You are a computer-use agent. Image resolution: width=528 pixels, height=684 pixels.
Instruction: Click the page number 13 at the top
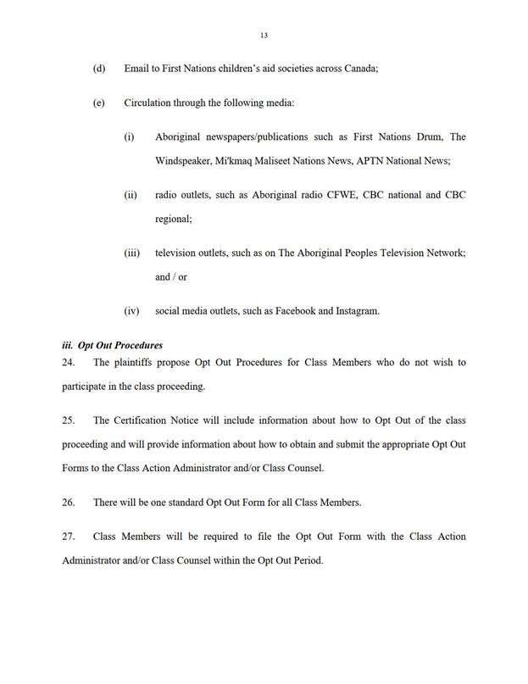pos(264,35)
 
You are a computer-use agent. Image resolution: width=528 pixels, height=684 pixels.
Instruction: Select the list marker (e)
pos(98,103)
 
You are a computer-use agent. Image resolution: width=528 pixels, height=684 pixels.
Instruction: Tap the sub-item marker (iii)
pos(131,253)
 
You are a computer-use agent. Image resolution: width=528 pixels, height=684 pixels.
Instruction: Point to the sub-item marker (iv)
pos(131,311)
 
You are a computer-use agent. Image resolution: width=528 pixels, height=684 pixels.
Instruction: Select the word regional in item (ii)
pos(173,219)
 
